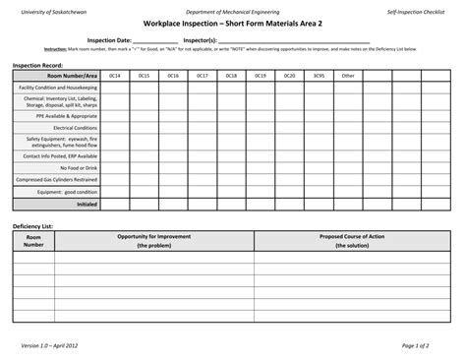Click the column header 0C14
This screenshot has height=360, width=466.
[114, 75]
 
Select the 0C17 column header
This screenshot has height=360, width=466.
[202, 75]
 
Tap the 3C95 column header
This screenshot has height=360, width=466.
[319, 75]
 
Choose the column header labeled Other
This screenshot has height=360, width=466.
[347, 75]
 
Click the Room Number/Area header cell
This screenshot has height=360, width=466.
[57, 75]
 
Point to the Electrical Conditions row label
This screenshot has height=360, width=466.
[75, 128]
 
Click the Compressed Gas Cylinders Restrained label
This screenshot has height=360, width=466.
[57, 180]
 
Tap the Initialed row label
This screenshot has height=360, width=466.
[87, 205]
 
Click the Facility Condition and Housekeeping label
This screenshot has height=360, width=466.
[58, 88]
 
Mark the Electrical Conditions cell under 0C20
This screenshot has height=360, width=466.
[289, 128]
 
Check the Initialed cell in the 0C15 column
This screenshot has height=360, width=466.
[144, 205]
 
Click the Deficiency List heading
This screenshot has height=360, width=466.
[32, 226]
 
